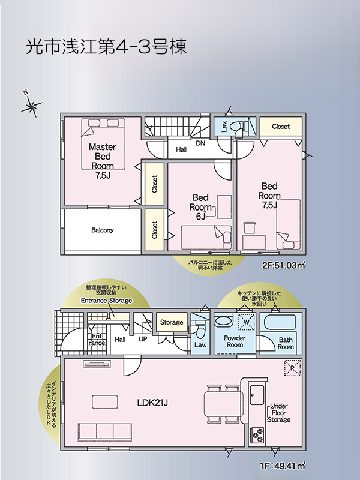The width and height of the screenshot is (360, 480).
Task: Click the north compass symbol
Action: point(31,105)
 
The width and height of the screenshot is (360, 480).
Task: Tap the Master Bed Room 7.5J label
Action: point(103,161)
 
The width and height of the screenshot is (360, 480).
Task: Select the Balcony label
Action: point(102,230)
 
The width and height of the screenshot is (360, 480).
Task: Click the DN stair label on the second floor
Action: point(200,143)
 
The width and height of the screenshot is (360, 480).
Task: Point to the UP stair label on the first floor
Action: point(143,339)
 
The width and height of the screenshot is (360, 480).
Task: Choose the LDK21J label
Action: point(152,403)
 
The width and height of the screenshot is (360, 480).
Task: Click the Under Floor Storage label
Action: point(279,413)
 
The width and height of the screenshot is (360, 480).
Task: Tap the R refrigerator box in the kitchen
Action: point(292,368)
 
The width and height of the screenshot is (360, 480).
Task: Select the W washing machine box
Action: point(247,322)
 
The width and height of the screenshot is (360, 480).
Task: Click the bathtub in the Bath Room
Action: point(280,322)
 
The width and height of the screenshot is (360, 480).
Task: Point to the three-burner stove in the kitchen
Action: point(257,434)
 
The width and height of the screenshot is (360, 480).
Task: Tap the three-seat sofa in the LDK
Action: point(104,431)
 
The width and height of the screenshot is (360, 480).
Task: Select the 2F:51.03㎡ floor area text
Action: point(283,265)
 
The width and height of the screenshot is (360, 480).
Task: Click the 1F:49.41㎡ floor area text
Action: point(283,466)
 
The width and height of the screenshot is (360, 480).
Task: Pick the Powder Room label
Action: point(235,341)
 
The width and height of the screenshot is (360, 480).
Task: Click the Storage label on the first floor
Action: point(172,322)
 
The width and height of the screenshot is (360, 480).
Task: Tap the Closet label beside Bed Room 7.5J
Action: point(281,126)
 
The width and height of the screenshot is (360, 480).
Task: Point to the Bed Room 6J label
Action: point(200,207)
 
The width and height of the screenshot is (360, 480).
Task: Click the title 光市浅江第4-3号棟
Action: point(106,47)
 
